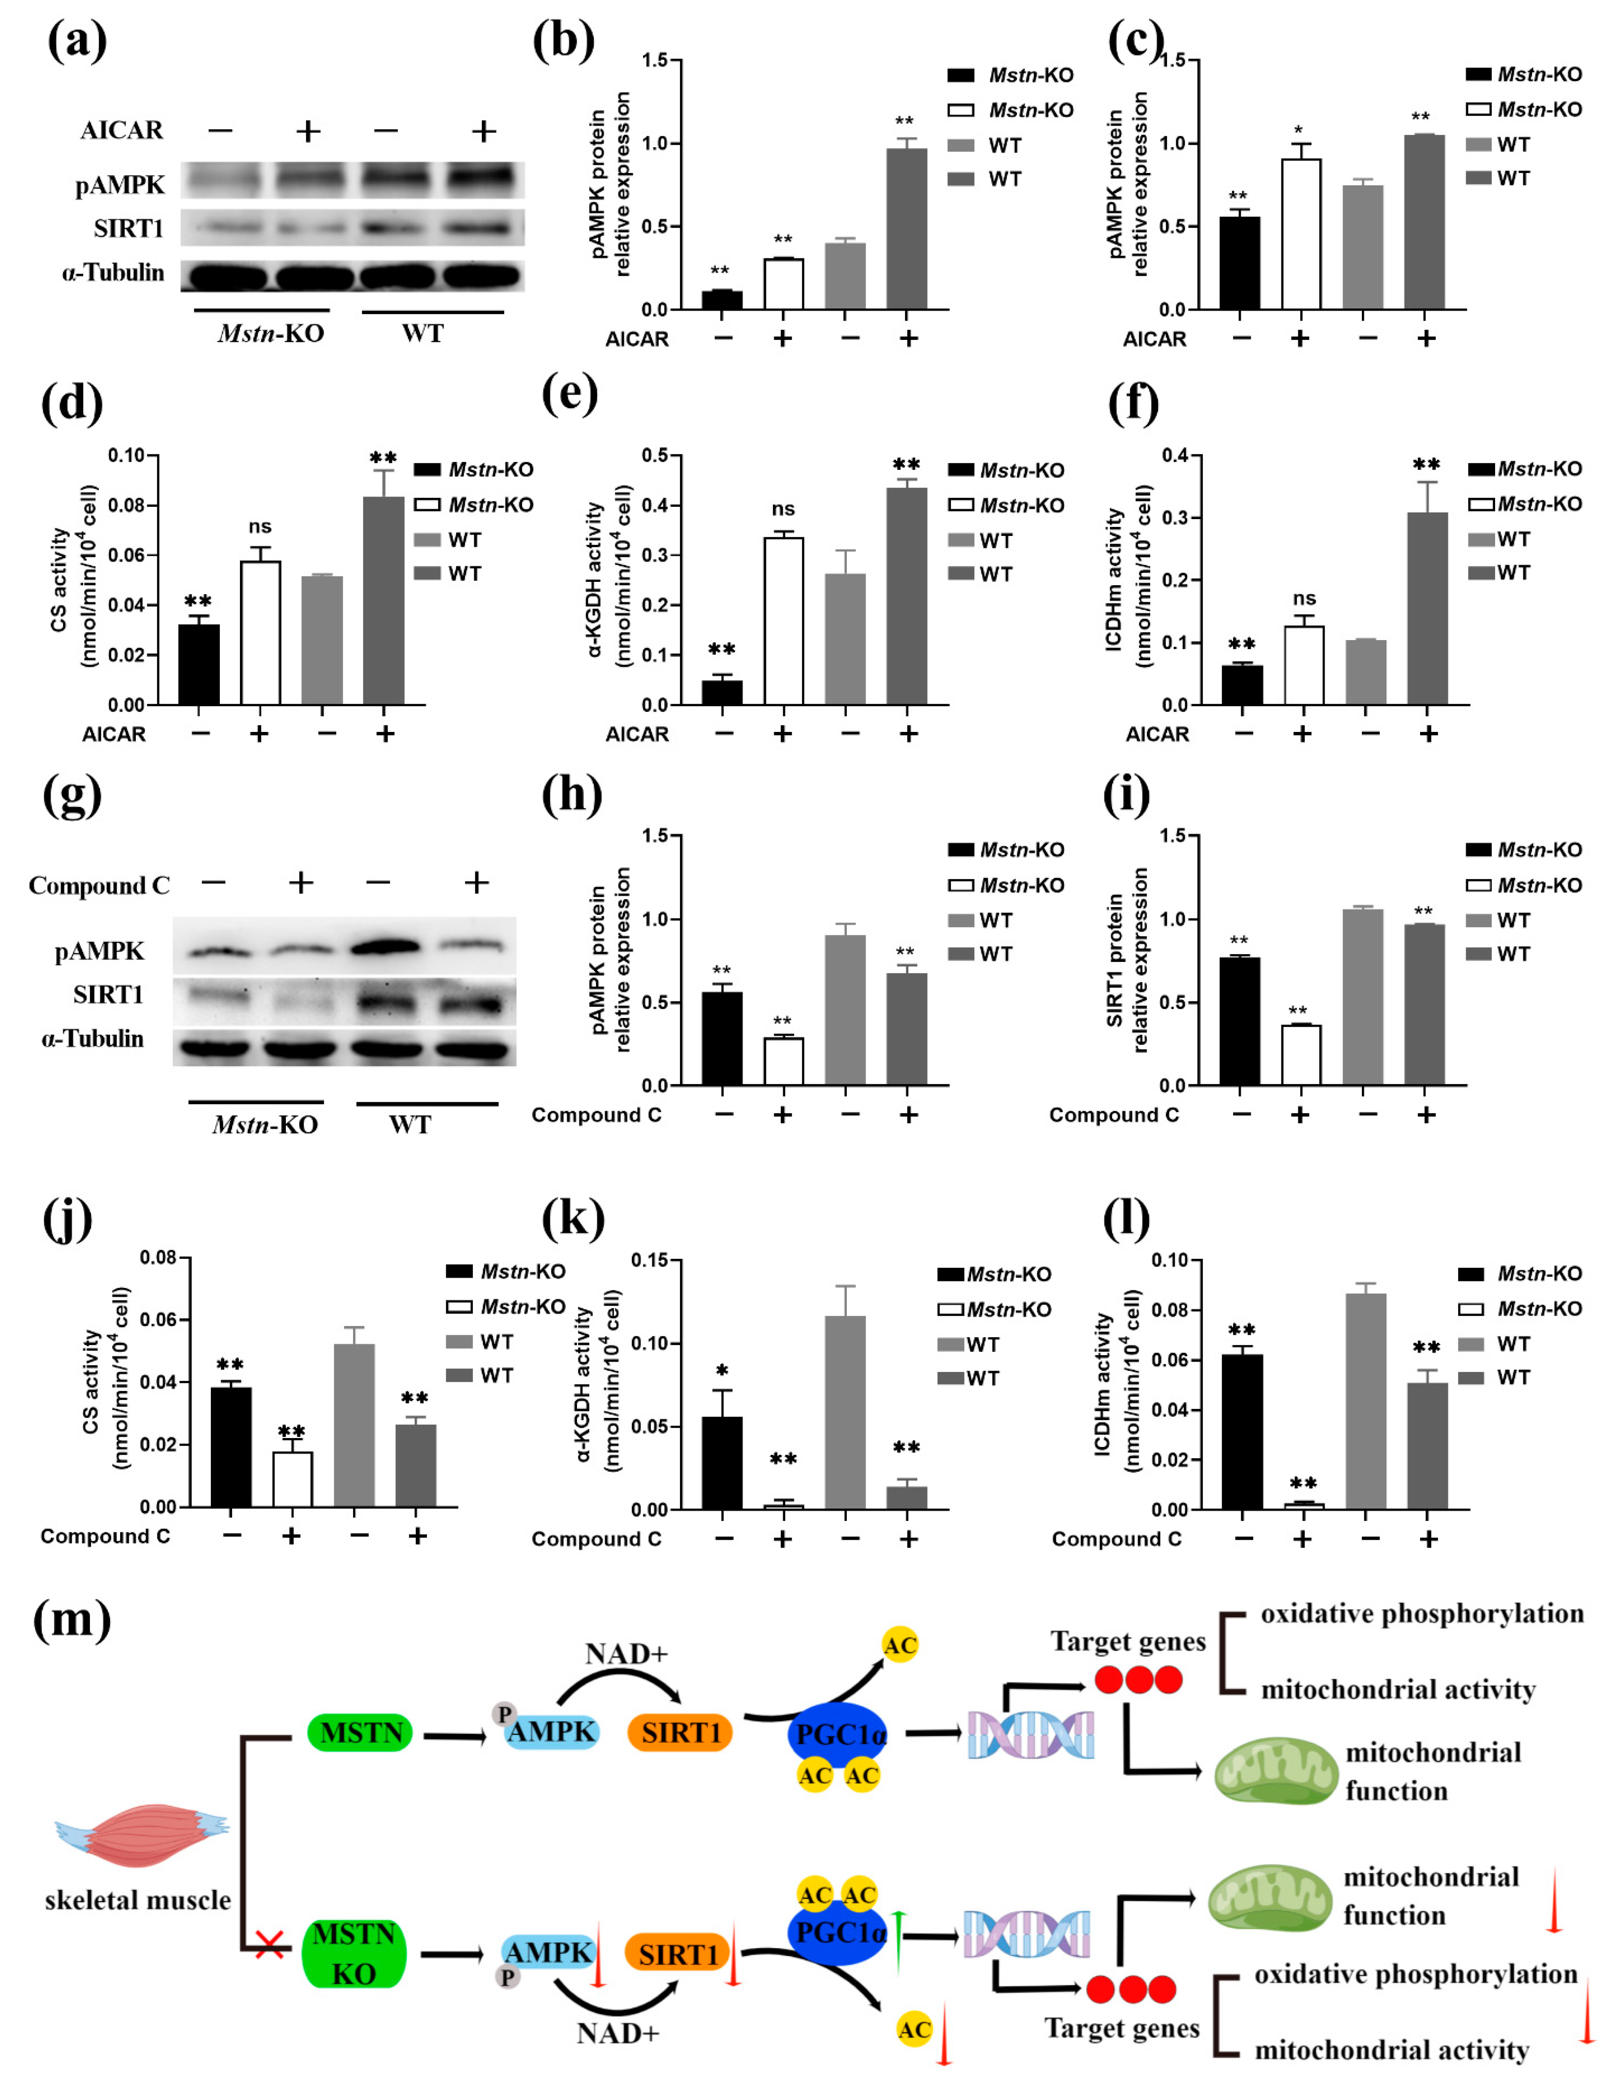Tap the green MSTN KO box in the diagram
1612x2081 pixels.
tap(353, 1953)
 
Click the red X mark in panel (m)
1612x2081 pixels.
tap(269, 1944)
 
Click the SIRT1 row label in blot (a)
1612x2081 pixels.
tap(129, 229)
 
